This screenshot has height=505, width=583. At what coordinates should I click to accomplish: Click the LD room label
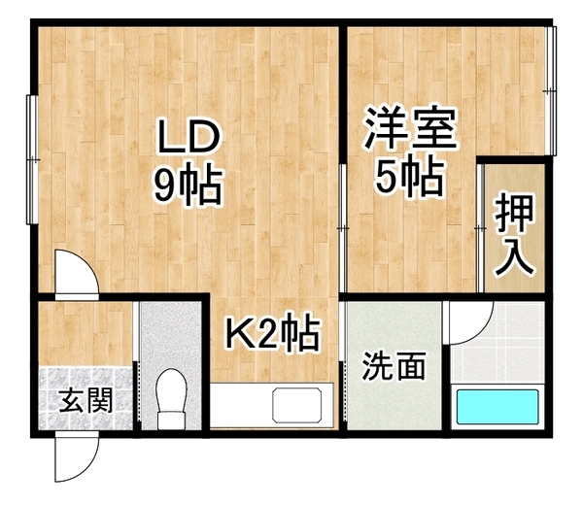tap(189, 136)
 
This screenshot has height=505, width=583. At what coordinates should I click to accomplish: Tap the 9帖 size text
tap(189, 185)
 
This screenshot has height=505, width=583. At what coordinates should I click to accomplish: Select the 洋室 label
tap(410, 128)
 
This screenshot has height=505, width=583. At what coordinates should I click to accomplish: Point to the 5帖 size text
tap(409, 176)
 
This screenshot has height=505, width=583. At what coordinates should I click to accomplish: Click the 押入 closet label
tap(515, 235)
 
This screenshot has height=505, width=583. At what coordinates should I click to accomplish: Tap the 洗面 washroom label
tap(394, 366)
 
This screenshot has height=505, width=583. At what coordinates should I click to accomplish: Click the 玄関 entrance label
tap(86, 400)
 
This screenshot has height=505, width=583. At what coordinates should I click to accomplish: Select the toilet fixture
tap(171, 399)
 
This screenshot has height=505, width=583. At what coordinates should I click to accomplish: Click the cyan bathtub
tap(497, 407)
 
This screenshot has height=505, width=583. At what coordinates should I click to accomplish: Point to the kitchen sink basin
tap(297, 405)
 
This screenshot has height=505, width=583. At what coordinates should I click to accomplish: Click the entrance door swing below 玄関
tap(77, 456)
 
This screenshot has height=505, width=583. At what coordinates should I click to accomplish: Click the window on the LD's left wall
tap(32, 160)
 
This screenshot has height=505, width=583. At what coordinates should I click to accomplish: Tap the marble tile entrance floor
tap(86, 398)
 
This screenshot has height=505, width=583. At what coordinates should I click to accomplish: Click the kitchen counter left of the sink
tap(241, 405)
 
